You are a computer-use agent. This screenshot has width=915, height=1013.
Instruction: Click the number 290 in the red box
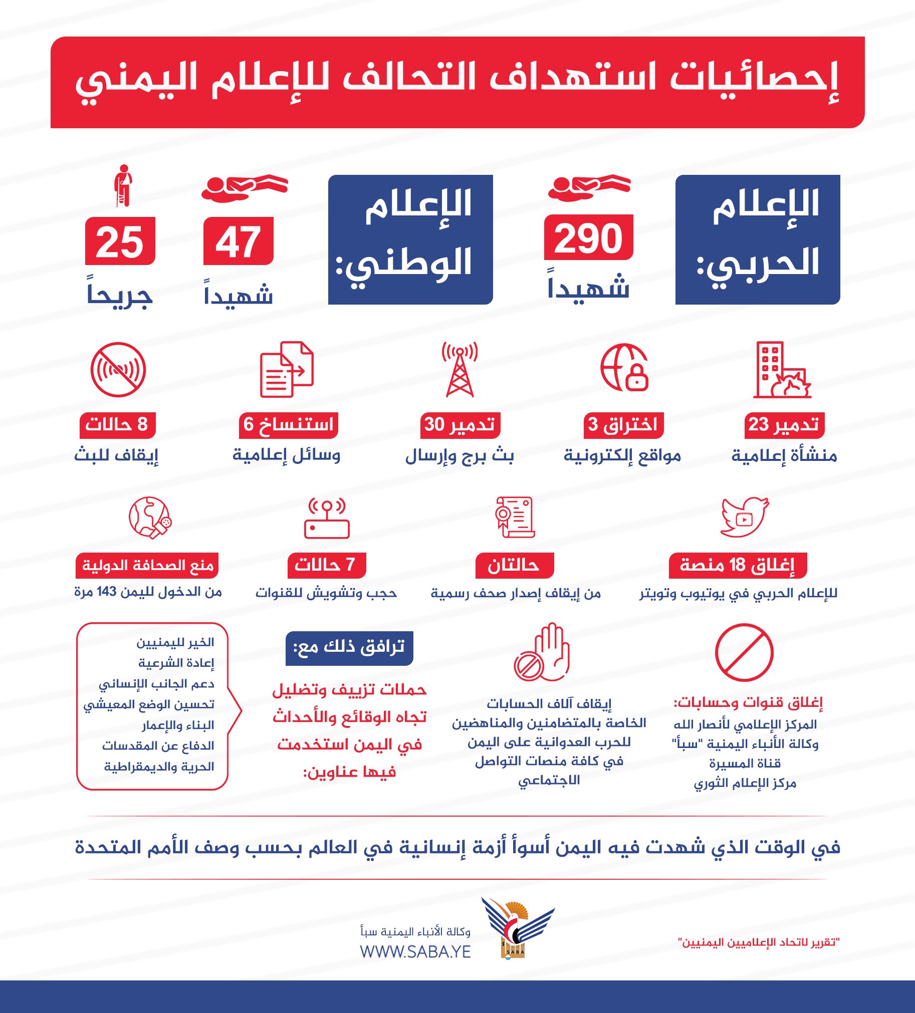588,238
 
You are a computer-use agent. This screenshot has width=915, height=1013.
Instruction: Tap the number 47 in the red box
238,241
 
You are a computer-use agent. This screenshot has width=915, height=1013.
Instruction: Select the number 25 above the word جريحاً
120,241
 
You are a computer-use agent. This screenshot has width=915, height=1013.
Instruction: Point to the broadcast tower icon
460,369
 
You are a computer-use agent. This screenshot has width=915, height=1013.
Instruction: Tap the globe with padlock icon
624,368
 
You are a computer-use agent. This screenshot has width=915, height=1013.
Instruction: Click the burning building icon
782,370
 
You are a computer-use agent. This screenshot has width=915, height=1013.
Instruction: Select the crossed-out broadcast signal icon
118,370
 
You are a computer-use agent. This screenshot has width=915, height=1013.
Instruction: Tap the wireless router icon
327,519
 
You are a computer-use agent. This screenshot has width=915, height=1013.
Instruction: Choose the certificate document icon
514,517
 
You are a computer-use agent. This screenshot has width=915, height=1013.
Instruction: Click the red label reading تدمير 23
784,425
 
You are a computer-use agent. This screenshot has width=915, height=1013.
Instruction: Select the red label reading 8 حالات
117,425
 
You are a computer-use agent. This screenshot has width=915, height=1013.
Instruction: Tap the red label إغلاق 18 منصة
737,565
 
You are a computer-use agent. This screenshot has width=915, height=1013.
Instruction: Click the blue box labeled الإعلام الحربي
757,239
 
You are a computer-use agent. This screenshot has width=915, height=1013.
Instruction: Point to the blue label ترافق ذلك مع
349,648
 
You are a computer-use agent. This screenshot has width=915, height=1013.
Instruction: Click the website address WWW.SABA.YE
415,952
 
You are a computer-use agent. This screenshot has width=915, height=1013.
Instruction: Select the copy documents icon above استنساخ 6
287,369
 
